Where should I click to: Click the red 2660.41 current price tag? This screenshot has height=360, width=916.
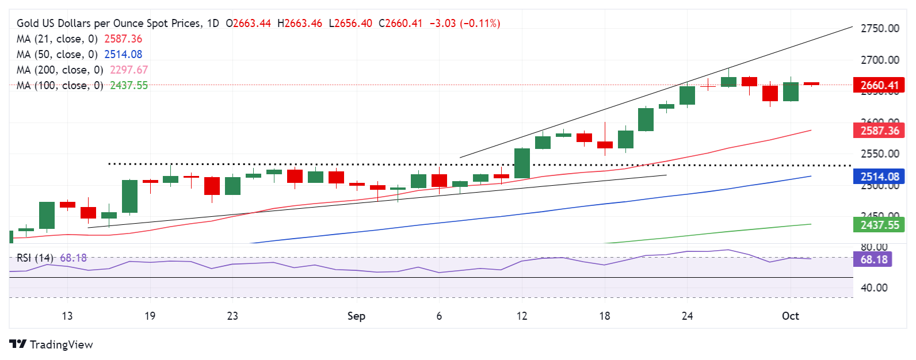pos(879,86)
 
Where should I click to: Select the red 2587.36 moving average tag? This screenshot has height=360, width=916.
pos(879,131)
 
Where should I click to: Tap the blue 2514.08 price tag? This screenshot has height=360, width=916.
pos(879,177)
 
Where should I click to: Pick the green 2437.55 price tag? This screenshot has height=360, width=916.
pos(879,225)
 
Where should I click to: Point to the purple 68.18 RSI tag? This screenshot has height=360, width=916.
pos(873,259)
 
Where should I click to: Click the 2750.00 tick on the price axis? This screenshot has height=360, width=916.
pos(879,29)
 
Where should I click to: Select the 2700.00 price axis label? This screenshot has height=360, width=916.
pos(879,60)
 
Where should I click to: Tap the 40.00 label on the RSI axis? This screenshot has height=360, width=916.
pos(873,288)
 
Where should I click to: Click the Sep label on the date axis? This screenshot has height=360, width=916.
pos(356,316)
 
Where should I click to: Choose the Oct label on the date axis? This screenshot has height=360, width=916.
pos(790,316)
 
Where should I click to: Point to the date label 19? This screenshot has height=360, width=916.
pos(150,316)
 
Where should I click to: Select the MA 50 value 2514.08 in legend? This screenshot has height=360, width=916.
pos(123,54)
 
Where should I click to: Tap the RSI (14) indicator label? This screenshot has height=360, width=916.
pos(35,258)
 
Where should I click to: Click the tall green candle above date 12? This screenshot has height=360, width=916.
pos(522,163)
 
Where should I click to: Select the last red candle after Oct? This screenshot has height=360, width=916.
pos(811,84)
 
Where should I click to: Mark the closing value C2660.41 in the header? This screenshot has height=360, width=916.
pos(400,24)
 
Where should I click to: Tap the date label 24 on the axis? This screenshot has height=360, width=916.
pos(687,316)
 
